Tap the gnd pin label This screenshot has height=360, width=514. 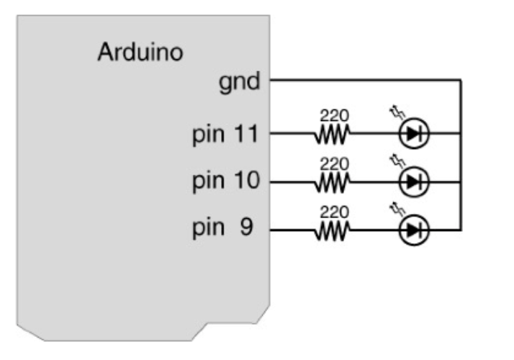[240, 81]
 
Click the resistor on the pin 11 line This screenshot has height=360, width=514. [331, 133]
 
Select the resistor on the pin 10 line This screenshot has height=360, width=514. [331, 182]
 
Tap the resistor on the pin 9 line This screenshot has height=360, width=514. [331, 230]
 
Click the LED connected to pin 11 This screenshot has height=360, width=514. [413, 133]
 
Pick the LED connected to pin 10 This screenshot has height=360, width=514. [413, 182]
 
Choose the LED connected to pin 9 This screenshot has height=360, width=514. [413, 230]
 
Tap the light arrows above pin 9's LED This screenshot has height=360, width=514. [396, 210]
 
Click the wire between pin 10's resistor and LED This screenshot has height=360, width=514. [374, 182]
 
